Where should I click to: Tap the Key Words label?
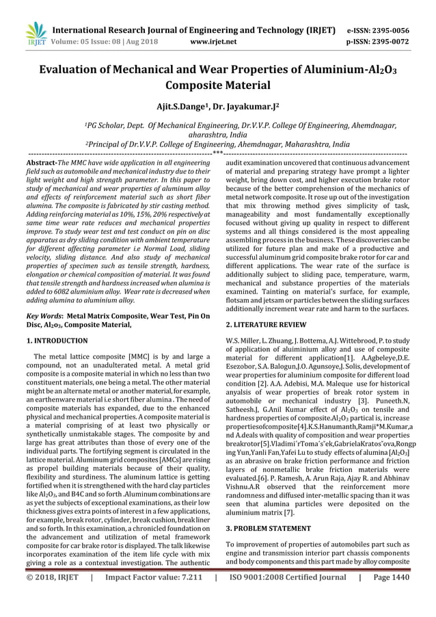point(43,317)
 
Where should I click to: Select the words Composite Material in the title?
point(217,87)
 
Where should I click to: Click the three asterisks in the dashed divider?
point(217,153)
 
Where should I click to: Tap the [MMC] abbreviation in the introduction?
point(143,356)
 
